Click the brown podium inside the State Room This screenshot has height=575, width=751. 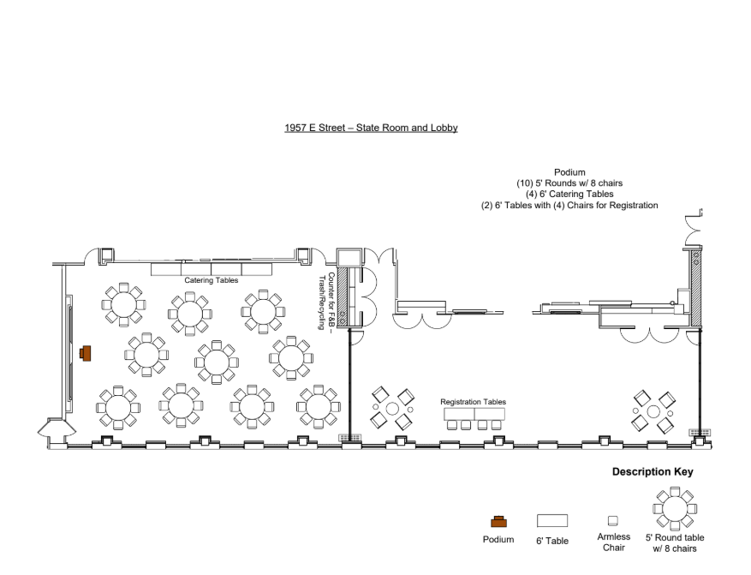(x=86, y=353)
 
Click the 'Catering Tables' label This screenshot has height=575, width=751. (x=211, y=280)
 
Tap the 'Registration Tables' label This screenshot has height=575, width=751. (x=473, y=402)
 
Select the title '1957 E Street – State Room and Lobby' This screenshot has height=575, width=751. (x=371, y=128)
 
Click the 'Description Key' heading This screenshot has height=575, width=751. (x=653, y=472)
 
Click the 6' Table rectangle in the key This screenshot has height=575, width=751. (x=551, y=520)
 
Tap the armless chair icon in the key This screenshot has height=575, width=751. (x=612, y=520)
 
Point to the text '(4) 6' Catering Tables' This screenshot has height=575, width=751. (x=569, y=195)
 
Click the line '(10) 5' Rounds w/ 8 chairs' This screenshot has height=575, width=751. (x=569, y=183)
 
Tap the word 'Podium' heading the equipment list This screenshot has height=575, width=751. (x=569, y=172)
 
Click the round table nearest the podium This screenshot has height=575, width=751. (x=146, y=354)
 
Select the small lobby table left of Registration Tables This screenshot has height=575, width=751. (x=392, y=408)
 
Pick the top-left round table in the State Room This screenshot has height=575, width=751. (x=123, y=303)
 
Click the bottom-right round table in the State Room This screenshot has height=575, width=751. (x=318, y=405)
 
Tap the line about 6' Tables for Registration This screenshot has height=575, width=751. (x=569, y=206)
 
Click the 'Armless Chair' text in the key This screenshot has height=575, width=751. (x=612, y=542)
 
